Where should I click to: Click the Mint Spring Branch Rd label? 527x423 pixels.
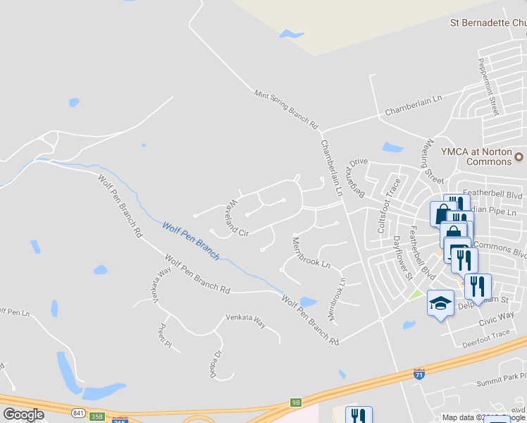(286, 109)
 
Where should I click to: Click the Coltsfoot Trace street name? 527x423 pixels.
(389, 206)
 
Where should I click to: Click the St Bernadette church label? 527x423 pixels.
(488, 23)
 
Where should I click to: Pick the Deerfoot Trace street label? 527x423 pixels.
(486, 339)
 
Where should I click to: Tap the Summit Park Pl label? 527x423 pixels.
(501, 381)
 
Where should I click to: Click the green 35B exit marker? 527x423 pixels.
(97, 417)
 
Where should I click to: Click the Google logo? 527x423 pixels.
(23, 415)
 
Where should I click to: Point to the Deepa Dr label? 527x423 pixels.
(213, 361)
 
